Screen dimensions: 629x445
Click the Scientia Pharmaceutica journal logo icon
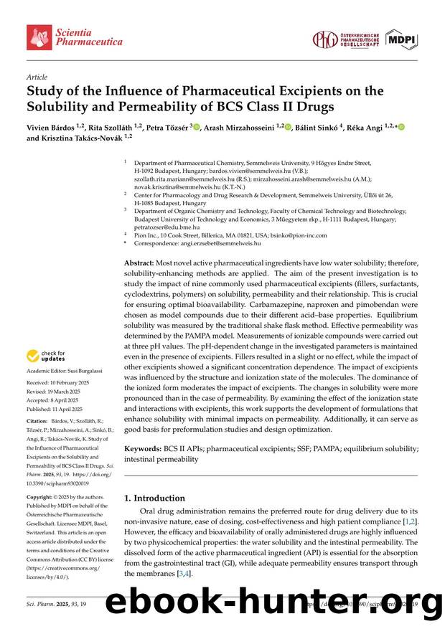(39, 37)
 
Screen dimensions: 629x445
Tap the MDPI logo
(401, 39)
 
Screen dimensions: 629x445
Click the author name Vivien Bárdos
(53, 127)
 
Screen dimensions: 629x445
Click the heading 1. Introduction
(154, 498)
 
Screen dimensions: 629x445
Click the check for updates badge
(47, 356)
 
